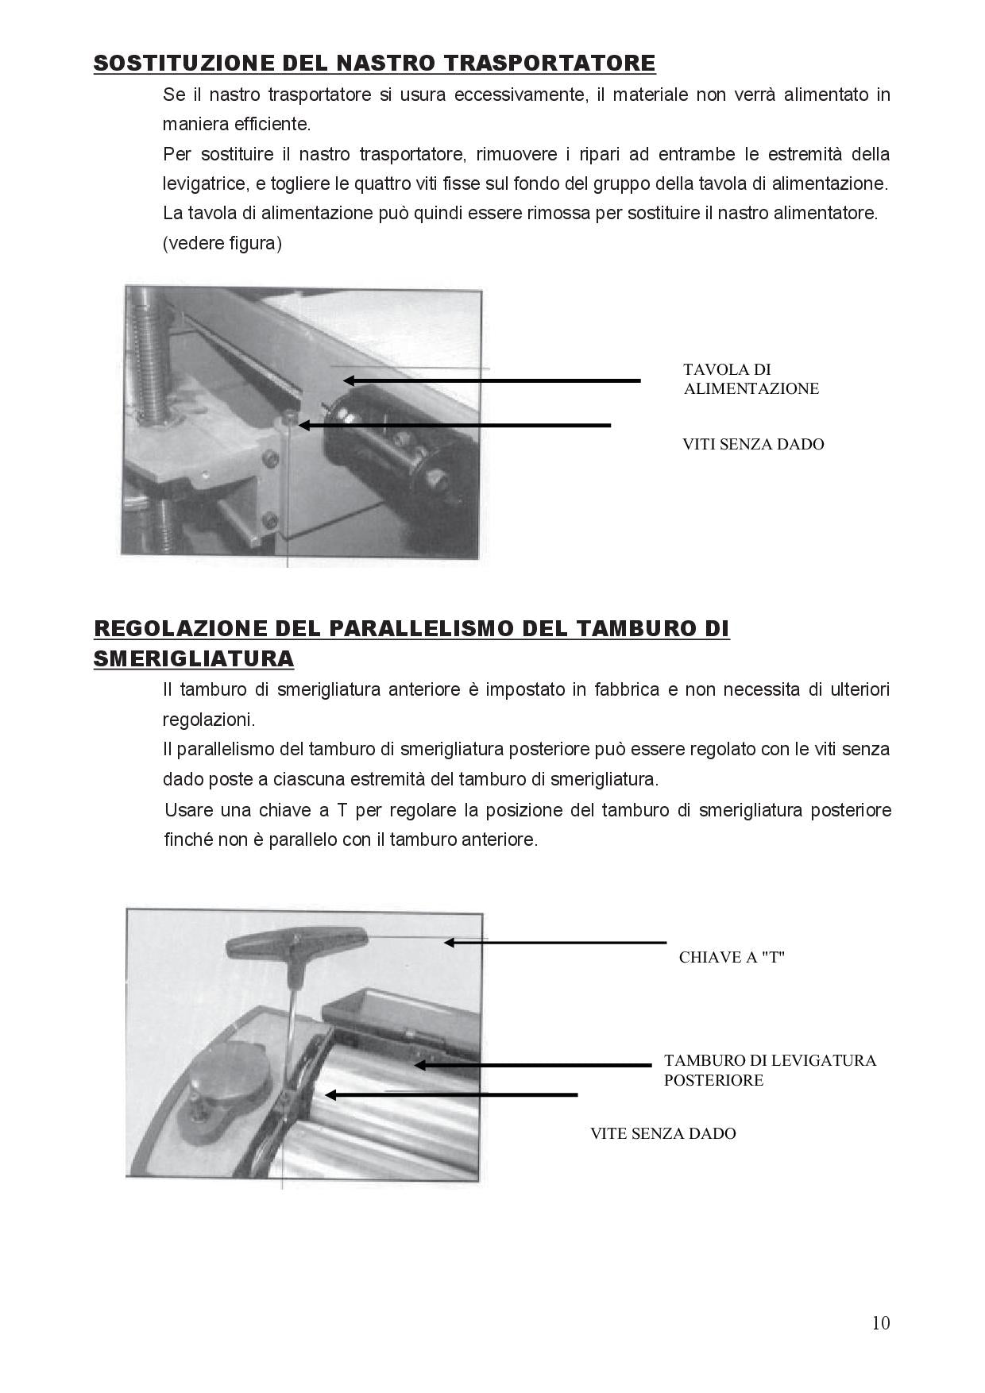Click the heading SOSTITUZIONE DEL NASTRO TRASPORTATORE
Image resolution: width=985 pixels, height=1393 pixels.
tap(374, 63)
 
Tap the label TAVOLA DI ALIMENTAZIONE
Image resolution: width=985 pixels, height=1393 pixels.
tap(751, 379)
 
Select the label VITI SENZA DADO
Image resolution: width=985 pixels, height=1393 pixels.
tap(753, 444)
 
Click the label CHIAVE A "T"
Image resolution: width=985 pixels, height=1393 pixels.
tap(732, 957)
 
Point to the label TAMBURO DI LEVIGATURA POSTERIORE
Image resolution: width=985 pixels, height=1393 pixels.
tap(770, 1070)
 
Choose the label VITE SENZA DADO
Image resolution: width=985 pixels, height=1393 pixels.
tap(662, 1133)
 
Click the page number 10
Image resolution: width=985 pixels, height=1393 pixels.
tap(880, 1322)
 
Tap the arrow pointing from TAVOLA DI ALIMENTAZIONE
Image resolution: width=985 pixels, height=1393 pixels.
tap(492, 380)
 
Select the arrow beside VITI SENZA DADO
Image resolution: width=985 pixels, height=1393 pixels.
tap(454, 425)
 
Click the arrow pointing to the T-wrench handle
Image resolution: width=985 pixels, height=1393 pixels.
tap(554, 943)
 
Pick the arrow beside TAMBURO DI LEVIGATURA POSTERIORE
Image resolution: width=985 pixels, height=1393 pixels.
tap(532, 1064)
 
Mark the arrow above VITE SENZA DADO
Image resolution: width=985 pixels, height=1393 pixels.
tap(451, 1094)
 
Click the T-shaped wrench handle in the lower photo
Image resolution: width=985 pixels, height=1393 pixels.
tap(295, 941)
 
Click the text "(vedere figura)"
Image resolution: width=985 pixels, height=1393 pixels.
tap(222, 244)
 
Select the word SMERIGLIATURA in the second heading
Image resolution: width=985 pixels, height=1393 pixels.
tap(194, 658)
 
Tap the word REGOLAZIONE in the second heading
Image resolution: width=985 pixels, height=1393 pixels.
tap(181, 628)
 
